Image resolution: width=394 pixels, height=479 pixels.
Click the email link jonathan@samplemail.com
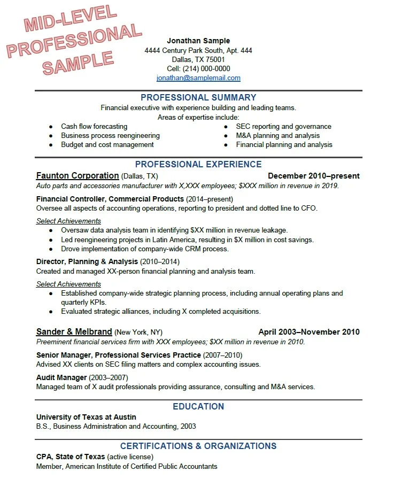tap(198, 78)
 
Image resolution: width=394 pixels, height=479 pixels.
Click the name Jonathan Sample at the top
tap(198, 41)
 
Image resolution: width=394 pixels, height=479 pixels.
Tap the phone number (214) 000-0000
tap(206, 68)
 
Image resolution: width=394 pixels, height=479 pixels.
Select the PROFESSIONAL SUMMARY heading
tap(198, 98)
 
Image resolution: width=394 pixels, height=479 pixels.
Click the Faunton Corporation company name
tap(78, 176)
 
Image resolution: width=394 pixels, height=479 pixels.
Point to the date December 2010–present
tap(313, 176)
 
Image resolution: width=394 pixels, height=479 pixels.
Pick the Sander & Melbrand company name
tap(74, 331)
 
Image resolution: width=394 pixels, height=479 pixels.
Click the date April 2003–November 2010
tap(309, 331)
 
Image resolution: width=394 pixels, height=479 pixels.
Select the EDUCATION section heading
tap(198, 407)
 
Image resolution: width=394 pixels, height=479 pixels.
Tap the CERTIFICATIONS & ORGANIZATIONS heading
tap(198, 446)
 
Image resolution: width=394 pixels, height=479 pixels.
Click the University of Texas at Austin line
tap(86, 417)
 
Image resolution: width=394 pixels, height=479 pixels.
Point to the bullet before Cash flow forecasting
tap(51, 127)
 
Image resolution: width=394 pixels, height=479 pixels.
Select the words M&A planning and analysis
tap(277, 136)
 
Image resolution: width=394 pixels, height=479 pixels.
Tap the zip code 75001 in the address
tap(215, 59)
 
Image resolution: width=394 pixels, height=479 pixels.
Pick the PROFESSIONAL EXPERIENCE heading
tap(198, 165)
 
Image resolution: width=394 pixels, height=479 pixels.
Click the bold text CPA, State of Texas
tap(71, 457)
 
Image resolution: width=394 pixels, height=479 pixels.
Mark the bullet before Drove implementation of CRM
tap(51, 249)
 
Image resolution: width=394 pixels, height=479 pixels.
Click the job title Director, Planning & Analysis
tap(87, 262)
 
